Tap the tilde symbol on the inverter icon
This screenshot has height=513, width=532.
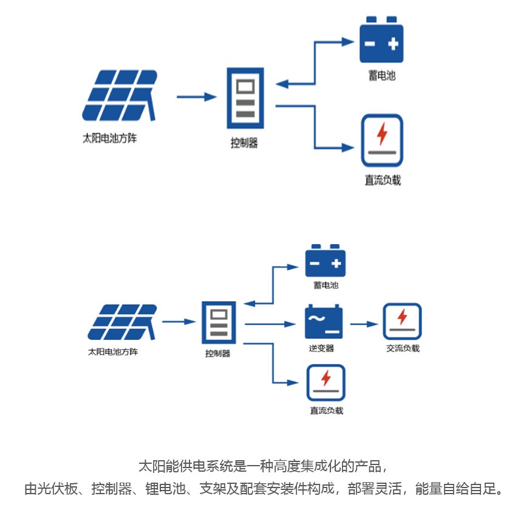point(316,318)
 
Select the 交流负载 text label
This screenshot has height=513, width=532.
point(403,348)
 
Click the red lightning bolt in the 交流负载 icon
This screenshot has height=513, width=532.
point(402,317)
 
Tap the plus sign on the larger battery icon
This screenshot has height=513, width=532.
point(393,44)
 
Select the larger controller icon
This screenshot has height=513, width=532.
point(245,100)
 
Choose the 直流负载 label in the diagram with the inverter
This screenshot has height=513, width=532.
point(326,410)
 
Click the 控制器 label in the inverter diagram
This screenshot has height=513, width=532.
point(218,353)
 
